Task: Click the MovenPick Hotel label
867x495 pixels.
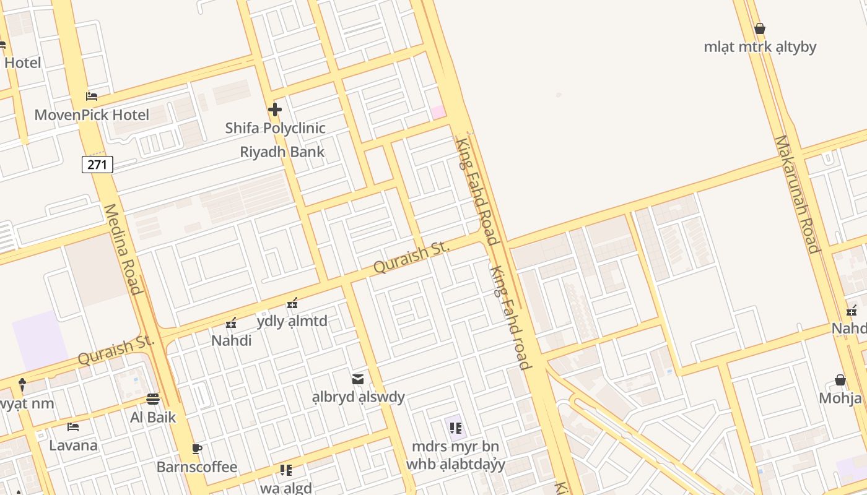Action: pyautogui.click(x=92, y=115)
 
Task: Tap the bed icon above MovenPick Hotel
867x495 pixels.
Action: pyautogui.click(x=92, y=96)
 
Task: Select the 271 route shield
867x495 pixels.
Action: pyautogui.click(x=97, y=165)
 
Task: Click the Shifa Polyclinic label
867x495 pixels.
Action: pyautogui.click(x=275, y=128)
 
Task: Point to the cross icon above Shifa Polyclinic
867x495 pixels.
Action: pyautogui.click(x=275, y=110)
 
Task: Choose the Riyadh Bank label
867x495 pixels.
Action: pyautogui.click(x=282, y=152)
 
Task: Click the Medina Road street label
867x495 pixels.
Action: pyautogui.click(x=123, y=249)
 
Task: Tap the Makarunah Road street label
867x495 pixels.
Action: pyautogui.click(x=797, y=194)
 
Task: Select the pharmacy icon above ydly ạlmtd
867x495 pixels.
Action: pyautogui.click(x=292, y=303)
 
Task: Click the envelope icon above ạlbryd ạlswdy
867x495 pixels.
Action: pyautogui.click(x=358, y=379)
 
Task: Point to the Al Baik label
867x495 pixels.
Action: pyautogui.click(x=153, y=417)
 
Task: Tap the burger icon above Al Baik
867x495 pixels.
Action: pyautogui.click(x=153, y=399)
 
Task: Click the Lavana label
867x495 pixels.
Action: pyautogui.click(x=73, y=445)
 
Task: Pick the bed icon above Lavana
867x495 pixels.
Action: pyautogui.click(x=73, y=427)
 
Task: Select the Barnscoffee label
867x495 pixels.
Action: pyautogui.click(x=196, y=467)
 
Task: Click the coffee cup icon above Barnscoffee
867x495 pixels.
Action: pyautogui.click(x=196, y=449)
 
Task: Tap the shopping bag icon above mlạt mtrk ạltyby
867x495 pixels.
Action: pyautogui.click(x=760, y=28)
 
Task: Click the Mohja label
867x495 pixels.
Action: pyautogui.click(x=840, y=398)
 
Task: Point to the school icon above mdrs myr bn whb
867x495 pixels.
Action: pyautogui.click(x=456, y=428)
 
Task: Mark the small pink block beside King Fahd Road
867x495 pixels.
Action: pyautogui.click(x=438, y=112)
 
